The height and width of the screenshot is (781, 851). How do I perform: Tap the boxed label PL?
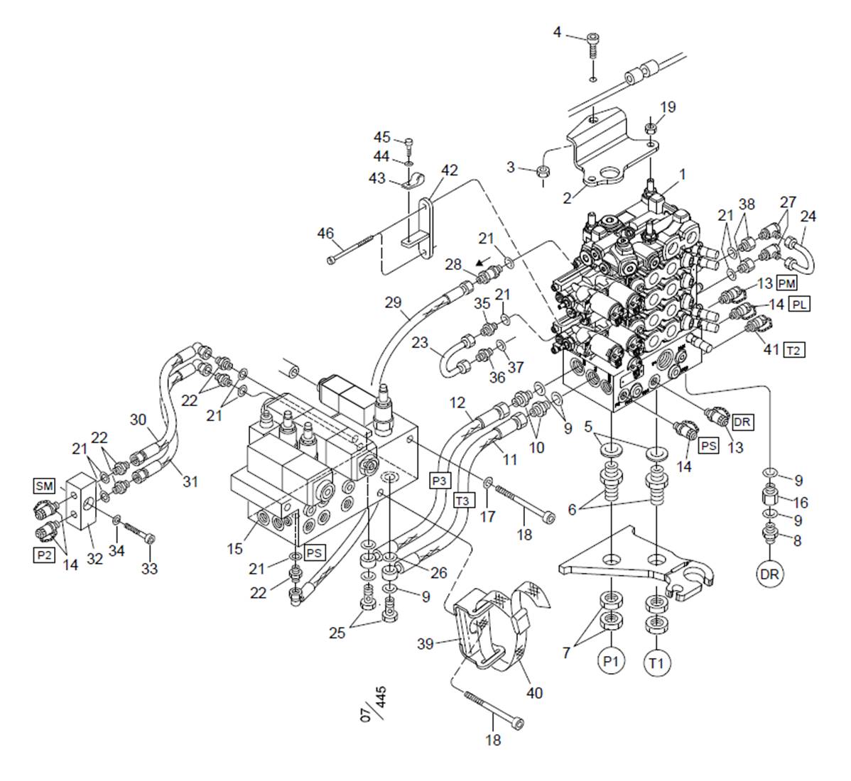click(799, 305)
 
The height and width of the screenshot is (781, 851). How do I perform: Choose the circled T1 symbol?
click(657, 662)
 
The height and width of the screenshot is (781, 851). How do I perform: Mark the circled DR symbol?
click(769, 573)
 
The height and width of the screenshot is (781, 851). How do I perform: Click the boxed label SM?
click(43, 486)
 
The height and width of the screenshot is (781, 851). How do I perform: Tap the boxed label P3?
click(440, 481)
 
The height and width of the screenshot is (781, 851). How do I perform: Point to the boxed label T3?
click(463, 501)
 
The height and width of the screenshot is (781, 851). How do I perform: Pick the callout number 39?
click(426, 643)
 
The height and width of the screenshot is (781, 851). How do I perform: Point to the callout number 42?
click(449, 170)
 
